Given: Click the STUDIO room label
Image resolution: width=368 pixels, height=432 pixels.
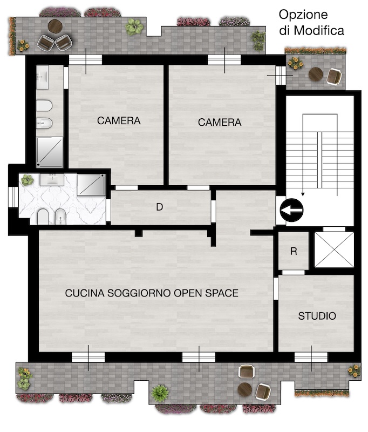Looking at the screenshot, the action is click(x=317, y=316).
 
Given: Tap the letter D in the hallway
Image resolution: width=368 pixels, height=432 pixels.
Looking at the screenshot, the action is click(x=159, y=207).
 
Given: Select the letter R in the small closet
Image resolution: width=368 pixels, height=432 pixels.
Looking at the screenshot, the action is click(x=294, y=251).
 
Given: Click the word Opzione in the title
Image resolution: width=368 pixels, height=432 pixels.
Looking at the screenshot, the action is click(x=303, y=15).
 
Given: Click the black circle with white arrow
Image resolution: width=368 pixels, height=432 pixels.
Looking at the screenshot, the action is click(x=291, y=210).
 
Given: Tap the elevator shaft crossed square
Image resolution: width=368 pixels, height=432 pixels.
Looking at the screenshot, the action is click(x=334, y=249).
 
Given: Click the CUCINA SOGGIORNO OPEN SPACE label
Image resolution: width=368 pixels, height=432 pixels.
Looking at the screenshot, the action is click(x=152, y=293).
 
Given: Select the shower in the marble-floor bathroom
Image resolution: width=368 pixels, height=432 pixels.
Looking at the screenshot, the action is click(x=91, y=185).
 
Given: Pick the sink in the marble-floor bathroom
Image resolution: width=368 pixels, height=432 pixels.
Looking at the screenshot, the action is click(x=52, y=179).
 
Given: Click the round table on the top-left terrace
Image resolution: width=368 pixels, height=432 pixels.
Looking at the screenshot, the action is click(x=55, y=26).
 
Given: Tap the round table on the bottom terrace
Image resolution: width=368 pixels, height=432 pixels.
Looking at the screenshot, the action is click(x=245, y=389).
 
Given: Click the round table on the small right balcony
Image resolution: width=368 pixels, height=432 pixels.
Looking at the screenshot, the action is click(x=316, y=74).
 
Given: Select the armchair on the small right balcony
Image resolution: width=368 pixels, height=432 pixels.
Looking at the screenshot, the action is click(x=334, y=77).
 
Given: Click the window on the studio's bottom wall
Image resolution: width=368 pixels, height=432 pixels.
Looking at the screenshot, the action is click(x=311, y=357).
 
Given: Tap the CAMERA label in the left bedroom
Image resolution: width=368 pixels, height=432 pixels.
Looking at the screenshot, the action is click(x=119, y=120).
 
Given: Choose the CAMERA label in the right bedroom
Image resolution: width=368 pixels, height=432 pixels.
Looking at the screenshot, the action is click(x=220, y=123).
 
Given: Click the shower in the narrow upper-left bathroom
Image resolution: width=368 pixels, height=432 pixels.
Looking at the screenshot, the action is click(x=50, y=152).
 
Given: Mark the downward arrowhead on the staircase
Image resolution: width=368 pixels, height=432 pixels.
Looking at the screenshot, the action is click(x=303, y=194).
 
